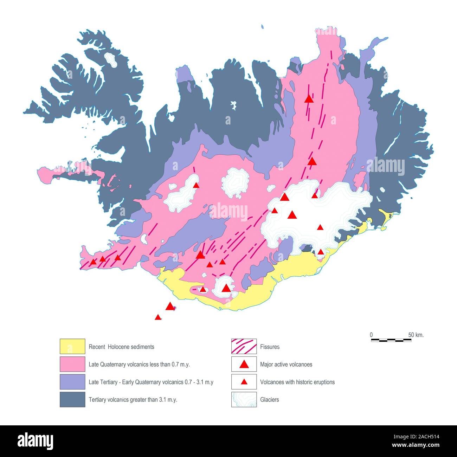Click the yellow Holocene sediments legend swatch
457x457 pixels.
72,347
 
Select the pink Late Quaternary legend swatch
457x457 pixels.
72,364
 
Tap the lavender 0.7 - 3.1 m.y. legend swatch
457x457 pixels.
72,382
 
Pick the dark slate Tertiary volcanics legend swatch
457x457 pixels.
72,399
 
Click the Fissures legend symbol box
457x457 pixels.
244,347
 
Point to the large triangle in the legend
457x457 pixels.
244,365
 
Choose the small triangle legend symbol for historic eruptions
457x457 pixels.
244,382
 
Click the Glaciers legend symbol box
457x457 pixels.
244,399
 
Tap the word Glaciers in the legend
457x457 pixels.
269,400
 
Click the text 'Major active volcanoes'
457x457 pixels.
286,365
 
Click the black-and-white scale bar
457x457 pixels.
391,340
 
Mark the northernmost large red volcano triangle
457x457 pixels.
309,99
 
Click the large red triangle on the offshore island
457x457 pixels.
170,306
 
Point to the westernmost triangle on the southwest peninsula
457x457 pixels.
93,262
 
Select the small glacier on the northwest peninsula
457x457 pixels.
112,60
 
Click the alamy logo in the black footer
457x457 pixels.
36,441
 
